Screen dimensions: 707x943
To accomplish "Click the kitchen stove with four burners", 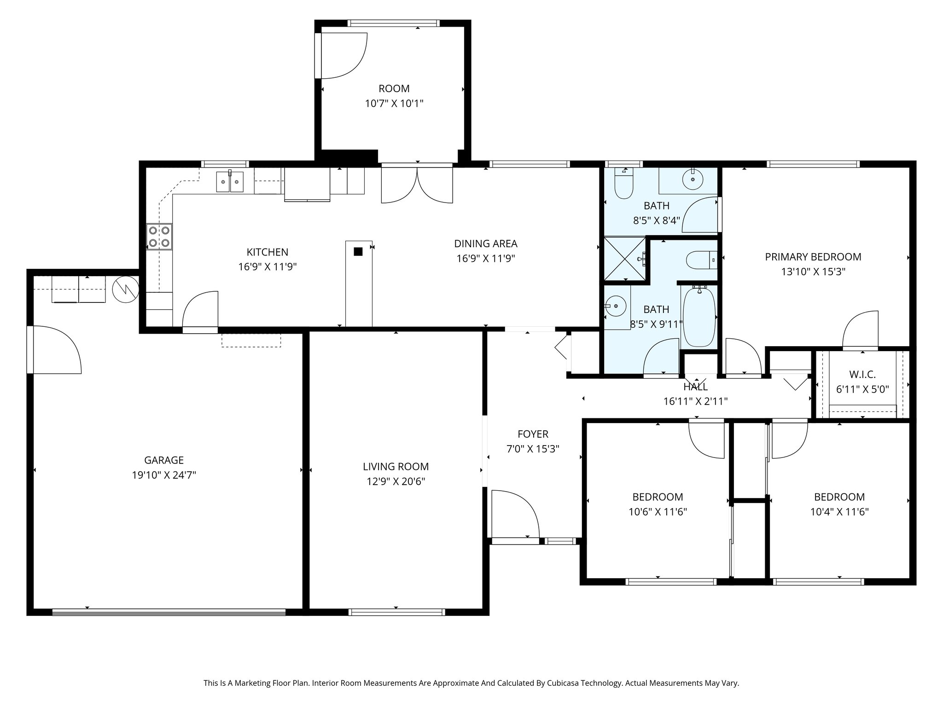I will (159, 237).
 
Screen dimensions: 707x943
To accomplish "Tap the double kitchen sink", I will (229, 181).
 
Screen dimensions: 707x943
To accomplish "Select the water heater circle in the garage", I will (125, 290).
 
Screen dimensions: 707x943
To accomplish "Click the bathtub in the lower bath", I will (699, 317).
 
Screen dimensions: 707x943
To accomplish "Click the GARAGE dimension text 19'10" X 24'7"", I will (164, 475).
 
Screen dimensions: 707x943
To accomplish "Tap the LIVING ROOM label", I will (396, 466).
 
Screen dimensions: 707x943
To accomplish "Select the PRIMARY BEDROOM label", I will (813, 257).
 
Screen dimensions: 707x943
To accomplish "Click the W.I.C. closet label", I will (862, 374).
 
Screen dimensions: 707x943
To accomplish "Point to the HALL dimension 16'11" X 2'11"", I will (695, 401).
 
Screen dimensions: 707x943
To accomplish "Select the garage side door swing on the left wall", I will (54, 349).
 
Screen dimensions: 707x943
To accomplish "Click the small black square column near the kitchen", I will (358, 251).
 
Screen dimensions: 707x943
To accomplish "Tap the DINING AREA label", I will (485, 243).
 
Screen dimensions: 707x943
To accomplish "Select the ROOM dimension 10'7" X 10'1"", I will (394, 104).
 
